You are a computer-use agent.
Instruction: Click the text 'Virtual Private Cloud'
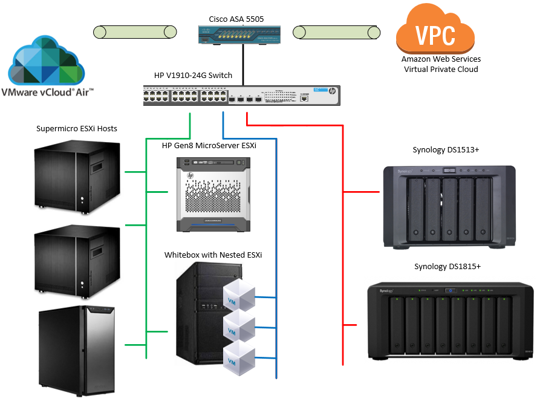tap(441, 69)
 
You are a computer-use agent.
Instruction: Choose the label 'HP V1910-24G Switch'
tap(193, 76)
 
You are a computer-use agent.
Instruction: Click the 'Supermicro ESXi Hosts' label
tap(76, 129)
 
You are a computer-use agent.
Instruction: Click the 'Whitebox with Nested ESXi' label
tap(213, 255)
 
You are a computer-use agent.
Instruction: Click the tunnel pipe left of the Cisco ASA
tap(134, 32)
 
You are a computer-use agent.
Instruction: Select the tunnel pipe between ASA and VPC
tap(336, 32)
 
